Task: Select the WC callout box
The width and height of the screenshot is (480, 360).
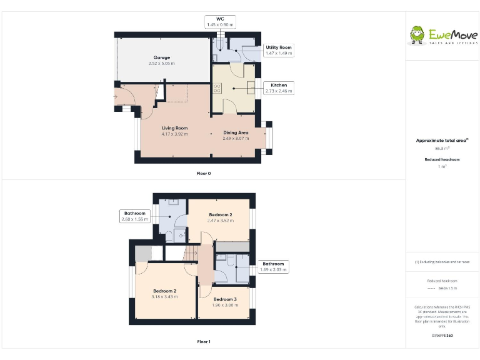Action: pos(220,22)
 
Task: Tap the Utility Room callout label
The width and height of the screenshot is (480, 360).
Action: pos(278,51)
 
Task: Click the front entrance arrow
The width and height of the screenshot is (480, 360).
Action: pos(115,97)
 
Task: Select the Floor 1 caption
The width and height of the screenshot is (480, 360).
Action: pos(204,342)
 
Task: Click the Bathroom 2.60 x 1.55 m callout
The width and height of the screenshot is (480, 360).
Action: pos(134,216)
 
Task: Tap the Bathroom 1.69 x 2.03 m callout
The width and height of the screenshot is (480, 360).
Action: pos(273,267)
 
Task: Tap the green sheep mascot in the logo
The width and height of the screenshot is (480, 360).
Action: pos(417,36)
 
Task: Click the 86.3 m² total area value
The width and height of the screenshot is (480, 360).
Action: pos(442,149)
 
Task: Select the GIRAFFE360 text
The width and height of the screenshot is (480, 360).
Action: pos(442,336)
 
